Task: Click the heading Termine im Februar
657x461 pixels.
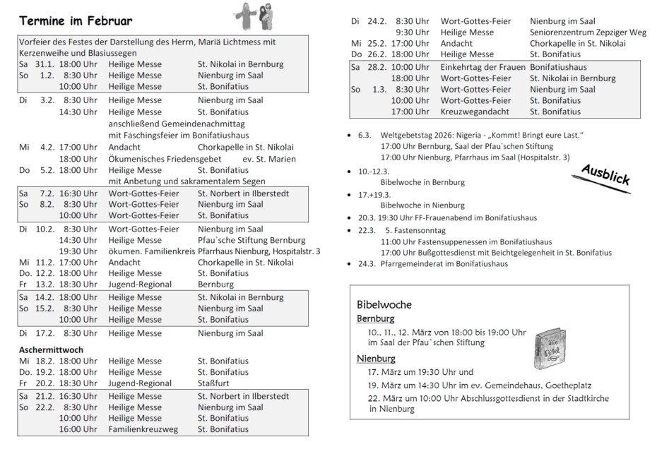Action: pos(76,20)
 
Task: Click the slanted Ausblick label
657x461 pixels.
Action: pos(605,175)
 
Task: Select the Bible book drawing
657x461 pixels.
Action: pos(547,348)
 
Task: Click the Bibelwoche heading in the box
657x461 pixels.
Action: pos(384,304)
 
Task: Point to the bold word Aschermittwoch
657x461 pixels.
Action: pos(52,349)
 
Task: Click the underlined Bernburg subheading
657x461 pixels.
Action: pos(375,318)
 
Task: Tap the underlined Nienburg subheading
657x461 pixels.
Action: pos(376,359)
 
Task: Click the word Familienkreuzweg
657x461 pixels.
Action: pos(143,429)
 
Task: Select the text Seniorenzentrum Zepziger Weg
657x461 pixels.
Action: pos(588,32)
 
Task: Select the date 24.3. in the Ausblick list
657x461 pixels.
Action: pos(366,264)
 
